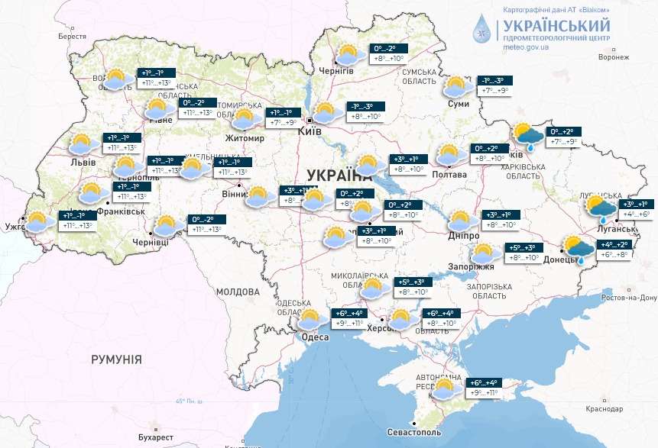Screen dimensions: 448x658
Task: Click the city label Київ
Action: tap(309, 131)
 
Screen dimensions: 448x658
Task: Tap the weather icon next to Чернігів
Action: tap(348, 55)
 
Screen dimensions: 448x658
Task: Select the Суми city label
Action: tap(458, 104)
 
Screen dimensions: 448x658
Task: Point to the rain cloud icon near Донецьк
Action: tap(578, 249)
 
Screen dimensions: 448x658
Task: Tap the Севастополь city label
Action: tap(413, 433)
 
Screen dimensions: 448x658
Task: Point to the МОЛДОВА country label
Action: tap(237, 292)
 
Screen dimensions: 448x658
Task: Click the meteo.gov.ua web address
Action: tap(526, 47)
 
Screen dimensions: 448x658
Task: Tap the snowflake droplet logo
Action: tap(483, 28)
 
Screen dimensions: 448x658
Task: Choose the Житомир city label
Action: tap(244, 138)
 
